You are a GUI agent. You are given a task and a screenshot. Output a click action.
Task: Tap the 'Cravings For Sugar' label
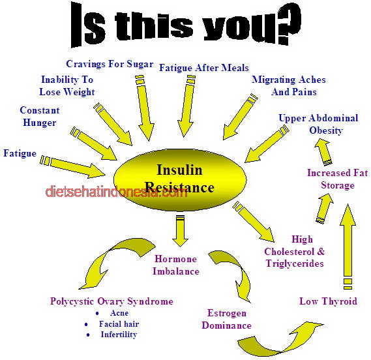pos(110,64)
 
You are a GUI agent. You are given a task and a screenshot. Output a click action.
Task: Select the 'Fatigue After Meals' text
pos(204,68)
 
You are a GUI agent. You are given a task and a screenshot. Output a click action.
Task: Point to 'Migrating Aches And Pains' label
pos(289,85)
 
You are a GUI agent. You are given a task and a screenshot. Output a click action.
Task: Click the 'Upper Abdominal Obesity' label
pos(318,125)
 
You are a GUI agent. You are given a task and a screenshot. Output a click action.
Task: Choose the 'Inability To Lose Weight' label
pos(67,85)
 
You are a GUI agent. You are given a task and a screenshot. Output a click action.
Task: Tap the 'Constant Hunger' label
pos(40,117)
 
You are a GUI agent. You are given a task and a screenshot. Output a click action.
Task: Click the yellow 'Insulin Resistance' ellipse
pos(180,179)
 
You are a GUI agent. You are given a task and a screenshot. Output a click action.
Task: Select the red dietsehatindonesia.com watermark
pos(117,192)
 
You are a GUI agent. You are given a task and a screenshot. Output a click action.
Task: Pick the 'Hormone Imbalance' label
pos(176,265)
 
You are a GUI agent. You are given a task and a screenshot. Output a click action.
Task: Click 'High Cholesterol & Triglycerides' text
pos(295,251)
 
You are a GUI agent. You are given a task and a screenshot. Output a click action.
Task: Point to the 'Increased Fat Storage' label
pos(338,179)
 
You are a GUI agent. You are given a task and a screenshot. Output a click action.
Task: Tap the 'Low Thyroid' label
pos(328,301)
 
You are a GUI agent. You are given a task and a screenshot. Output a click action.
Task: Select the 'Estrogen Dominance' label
pos(226,320)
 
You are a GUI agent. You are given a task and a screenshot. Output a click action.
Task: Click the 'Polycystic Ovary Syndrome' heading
pos(111,301)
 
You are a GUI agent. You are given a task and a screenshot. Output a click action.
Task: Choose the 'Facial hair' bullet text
pos(119,323)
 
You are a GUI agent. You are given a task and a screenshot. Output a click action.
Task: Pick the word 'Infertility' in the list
pos(119,335)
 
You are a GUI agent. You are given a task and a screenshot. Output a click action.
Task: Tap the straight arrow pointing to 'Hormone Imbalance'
pos(181,231)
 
